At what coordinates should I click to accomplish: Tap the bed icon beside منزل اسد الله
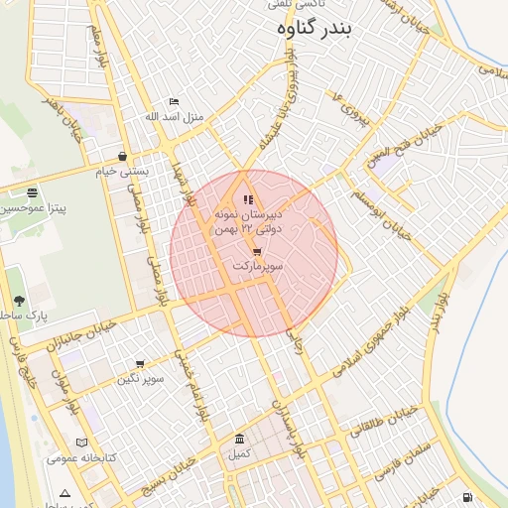(x=175, y=101)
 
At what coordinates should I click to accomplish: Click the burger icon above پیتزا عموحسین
(x=33, y=192)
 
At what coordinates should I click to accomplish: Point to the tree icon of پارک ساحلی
(x=19, y=301)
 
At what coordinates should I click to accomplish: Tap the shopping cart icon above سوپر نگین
(x=140, y=364)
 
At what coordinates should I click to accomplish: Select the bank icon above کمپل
(x=239, y=440)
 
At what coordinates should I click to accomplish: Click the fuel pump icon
(x=466, y=497)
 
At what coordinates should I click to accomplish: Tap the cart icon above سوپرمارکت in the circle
(x=258, y=252)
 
